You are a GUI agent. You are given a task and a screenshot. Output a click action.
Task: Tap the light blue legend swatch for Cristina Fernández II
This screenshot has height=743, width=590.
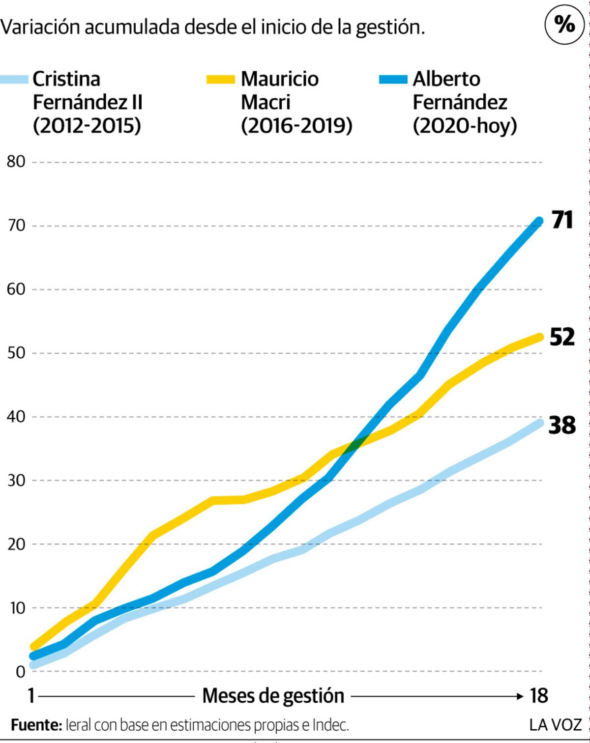pos(14,80)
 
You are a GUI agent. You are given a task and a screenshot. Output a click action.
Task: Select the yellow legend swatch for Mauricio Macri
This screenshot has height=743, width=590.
pos(221,80)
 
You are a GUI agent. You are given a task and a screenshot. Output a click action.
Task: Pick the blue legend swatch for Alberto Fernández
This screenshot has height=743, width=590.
pos(393,80)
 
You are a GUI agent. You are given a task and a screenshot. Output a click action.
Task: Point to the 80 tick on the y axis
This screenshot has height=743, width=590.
pos(16,162)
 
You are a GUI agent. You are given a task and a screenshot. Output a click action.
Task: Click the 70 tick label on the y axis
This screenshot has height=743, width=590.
pos(16,226)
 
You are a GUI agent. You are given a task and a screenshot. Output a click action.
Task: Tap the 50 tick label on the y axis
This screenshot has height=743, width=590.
pos(16,353)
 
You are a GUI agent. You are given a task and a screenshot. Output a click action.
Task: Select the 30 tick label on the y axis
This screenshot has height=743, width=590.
pos(16,481)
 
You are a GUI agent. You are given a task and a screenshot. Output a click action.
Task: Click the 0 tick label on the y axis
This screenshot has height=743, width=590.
pos(21,672)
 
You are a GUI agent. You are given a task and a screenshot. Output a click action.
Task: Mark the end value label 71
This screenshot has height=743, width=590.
pos(562,220)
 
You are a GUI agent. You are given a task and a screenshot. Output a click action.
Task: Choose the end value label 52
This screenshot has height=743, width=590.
pos(562,337)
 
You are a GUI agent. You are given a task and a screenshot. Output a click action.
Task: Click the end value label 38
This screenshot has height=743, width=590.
pos(562,425)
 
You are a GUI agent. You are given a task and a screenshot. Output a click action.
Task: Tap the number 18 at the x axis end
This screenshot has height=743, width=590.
pos(538,696)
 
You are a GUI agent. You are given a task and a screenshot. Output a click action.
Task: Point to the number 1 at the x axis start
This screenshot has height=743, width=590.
pos(31,696)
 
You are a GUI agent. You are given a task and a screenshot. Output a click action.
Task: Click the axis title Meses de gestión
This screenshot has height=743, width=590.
pos(273,696)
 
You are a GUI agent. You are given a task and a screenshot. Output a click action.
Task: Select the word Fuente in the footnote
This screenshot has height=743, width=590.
pos(36,725)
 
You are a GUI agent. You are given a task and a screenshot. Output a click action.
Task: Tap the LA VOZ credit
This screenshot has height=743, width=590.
pos(556,725)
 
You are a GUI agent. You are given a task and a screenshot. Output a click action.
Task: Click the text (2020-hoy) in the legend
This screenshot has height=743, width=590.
pos(465,126)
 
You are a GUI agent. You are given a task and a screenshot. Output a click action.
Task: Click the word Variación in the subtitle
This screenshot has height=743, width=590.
pos(40,27)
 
